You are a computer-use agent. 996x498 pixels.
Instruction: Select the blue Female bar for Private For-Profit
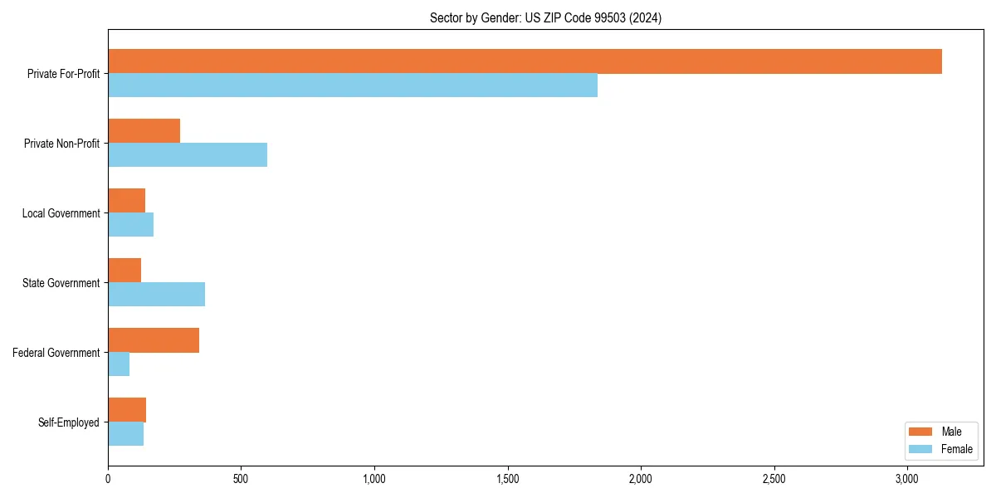[x=353, y=85]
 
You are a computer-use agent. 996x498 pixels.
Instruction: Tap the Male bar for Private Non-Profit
[x=144, y=131]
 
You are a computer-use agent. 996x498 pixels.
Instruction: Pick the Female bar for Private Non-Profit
[x=188, y=155]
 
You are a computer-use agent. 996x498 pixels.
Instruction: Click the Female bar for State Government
[x=156, y=295]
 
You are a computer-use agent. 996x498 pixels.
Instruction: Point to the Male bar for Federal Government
[x=154, y=340]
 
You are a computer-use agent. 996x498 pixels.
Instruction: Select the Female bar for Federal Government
[x=119, y=364]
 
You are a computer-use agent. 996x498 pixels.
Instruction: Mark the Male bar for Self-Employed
[x=127, y=410]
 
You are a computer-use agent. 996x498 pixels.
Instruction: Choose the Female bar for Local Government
[x=130, y=225]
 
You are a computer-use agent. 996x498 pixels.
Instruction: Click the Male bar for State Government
[x=124, y=271]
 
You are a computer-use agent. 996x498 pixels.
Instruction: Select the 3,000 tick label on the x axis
[x=907, y=479]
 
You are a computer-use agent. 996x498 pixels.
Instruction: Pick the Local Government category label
[x=61, y=213]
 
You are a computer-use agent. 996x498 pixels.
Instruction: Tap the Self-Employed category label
[x=68, y=422]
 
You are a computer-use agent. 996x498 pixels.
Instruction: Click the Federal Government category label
[x=56, y=353]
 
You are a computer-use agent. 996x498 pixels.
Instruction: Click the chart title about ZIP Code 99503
[x=545, y=18]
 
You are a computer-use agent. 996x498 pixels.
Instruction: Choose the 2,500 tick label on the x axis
[x=774, y=479]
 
